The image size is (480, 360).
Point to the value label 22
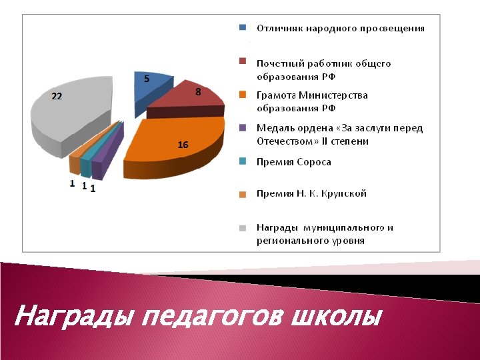click(57, 96)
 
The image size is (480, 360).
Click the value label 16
click(183, 145)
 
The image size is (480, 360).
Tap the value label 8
click(198, 92)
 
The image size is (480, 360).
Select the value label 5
click(147, 79)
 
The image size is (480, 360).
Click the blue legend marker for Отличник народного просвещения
click(243, 28)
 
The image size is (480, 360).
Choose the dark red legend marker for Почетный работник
click(243, 62)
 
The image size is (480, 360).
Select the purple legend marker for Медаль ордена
click(243, 127)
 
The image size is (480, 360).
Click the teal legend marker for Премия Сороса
click(243, 161)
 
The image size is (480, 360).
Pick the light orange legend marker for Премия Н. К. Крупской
click(243, 194)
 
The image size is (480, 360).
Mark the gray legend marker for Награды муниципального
click(243, 227)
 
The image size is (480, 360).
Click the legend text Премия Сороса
click(294, 162)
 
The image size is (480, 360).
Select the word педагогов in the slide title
click(213, 315)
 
